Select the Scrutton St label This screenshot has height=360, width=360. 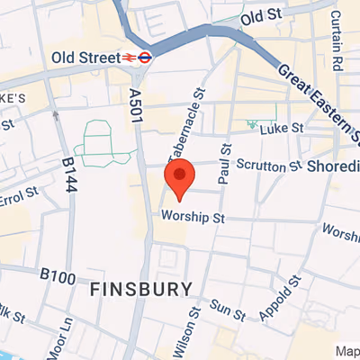tap(268, 166)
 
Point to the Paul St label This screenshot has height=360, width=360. tap(227, 168)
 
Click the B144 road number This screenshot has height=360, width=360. tap(71, 175)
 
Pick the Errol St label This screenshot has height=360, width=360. tap(18, 197)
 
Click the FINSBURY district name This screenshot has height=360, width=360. tap(141, 289)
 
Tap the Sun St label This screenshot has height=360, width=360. tap(229, 310)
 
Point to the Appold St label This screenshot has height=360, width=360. tap(280, 306)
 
